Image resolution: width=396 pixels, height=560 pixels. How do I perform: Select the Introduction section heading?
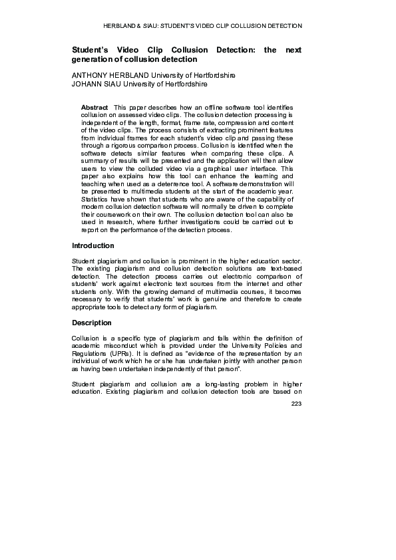pos(93,245)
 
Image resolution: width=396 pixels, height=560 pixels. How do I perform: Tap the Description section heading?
pos(92,323)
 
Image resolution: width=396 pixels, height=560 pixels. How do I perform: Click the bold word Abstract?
pos(95,107)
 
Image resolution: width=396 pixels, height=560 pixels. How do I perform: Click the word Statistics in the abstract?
pos(97,199)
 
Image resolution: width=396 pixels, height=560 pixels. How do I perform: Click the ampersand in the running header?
pos(138,26)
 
